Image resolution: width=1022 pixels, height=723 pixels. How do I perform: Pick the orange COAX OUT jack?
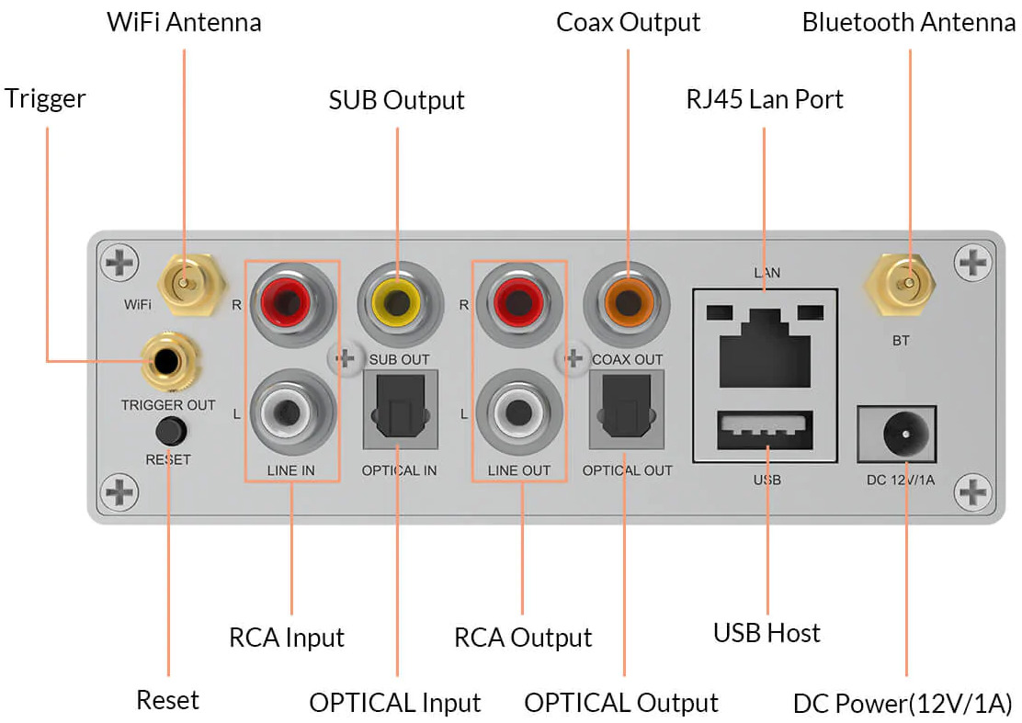tap(627, 303)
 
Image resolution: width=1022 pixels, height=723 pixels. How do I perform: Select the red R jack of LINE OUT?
tap(519, 303)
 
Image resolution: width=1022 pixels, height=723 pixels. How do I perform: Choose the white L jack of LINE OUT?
tap(519, 412)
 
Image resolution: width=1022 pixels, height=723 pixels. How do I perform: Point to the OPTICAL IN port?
tap(400, 409)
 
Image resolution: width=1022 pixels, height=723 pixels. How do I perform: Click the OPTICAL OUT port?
tap(627, 409)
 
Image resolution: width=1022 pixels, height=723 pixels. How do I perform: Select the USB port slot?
tap(765, 430)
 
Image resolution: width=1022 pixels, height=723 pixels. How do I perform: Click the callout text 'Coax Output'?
tap(628, 23)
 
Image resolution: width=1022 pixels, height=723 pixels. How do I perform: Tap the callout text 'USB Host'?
tap(766, 633)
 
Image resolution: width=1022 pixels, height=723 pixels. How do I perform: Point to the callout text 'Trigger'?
tap(45, 99)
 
